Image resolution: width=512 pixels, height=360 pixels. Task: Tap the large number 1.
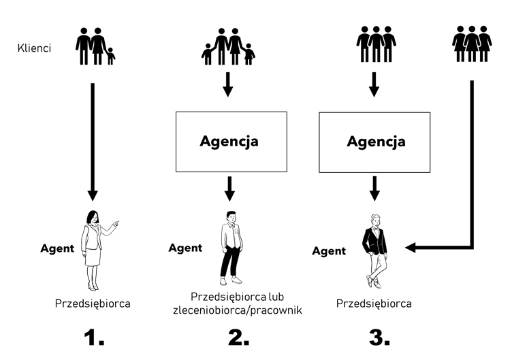point(92,338)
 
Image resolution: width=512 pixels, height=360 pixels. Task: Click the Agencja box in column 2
point(229,142)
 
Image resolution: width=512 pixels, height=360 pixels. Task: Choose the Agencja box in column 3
point(375,142)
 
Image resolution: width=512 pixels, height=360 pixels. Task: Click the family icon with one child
point(95,46)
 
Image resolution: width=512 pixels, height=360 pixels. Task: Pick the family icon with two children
point(228,47)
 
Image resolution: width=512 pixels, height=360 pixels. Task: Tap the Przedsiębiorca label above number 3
point(374,303)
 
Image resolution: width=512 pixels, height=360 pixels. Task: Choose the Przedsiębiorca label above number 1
point(92,303)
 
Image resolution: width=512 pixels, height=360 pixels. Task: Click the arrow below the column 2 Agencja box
point(229,188)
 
